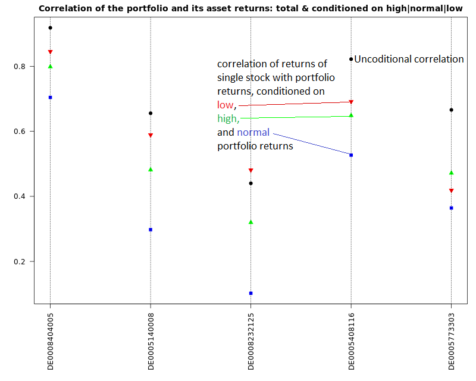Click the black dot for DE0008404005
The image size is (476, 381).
click(50, 27)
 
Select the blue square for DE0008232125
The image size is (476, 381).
click(251, 293)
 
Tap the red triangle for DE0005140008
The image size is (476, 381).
click(151, 136)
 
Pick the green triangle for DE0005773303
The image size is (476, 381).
click(452, 173)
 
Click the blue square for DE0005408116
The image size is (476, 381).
click(351, 155)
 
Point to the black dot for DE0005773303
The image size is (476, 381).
click(452, 110)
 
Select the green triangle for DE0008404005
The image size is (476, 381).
click(50, 66)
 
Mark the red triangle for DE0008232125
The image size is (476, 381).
click(251, 171)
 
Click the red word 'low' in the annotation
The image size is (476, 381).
click(225, 105)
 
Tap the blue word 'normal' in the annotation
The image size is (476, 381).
click(253, 132)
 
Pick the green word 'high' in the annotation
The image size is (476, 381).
click(227, 118)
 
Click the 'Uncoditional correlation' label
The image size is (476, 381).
click(409, 59)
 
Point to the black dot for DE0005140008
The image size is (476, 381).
click(151, 113)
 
